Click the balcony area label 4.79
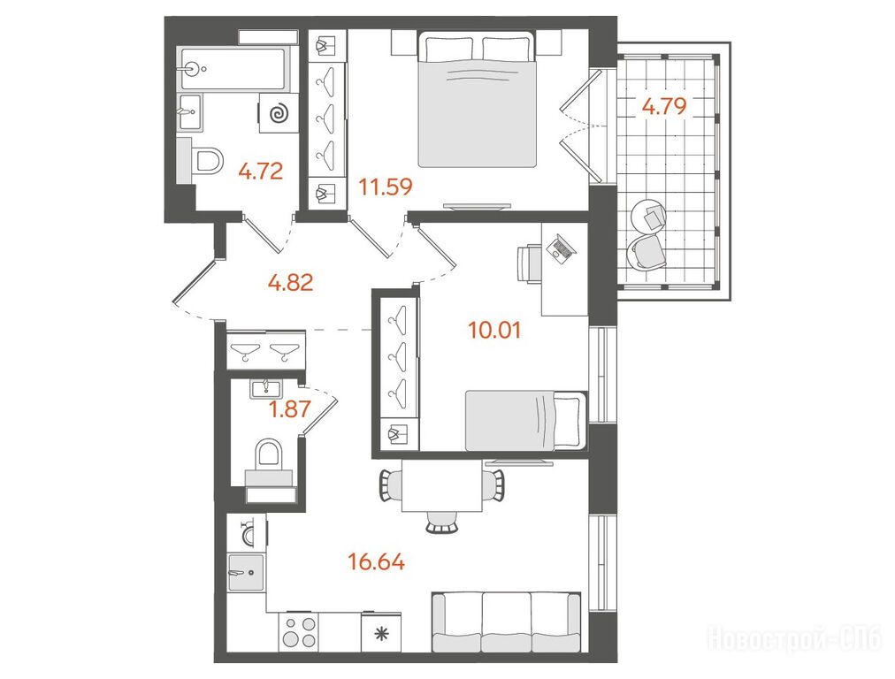click(x=664, y=107)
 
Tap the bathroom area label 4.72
click(x=261, y=172)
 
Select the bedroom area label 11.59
click(x=386, y=187)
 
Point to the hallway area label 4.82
click(x=291, y=282)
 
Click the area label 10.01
click(x=494, y=330)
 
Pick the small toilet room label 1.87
click(x=290, y=408)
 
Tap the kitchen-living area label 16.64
click(x=376, y=562)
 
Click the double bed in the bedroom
click(x=478, y=99)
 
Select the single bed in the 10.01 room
click(x=526, y=420)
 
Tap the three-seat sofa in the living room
click(x=506, y=622)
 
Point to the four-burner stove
click(x=300, y=631)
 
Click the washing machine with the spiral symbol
click(x=279, y=113)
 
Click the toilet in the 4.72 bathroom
click(x=206, y=161)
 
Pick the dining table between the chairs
click(x=442, y=485)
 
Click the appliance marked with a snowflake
click(x=381, y=632)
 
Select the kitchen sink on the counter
click(x=246, y=572)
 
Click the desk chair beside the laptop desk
click(x=529, y=263)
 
